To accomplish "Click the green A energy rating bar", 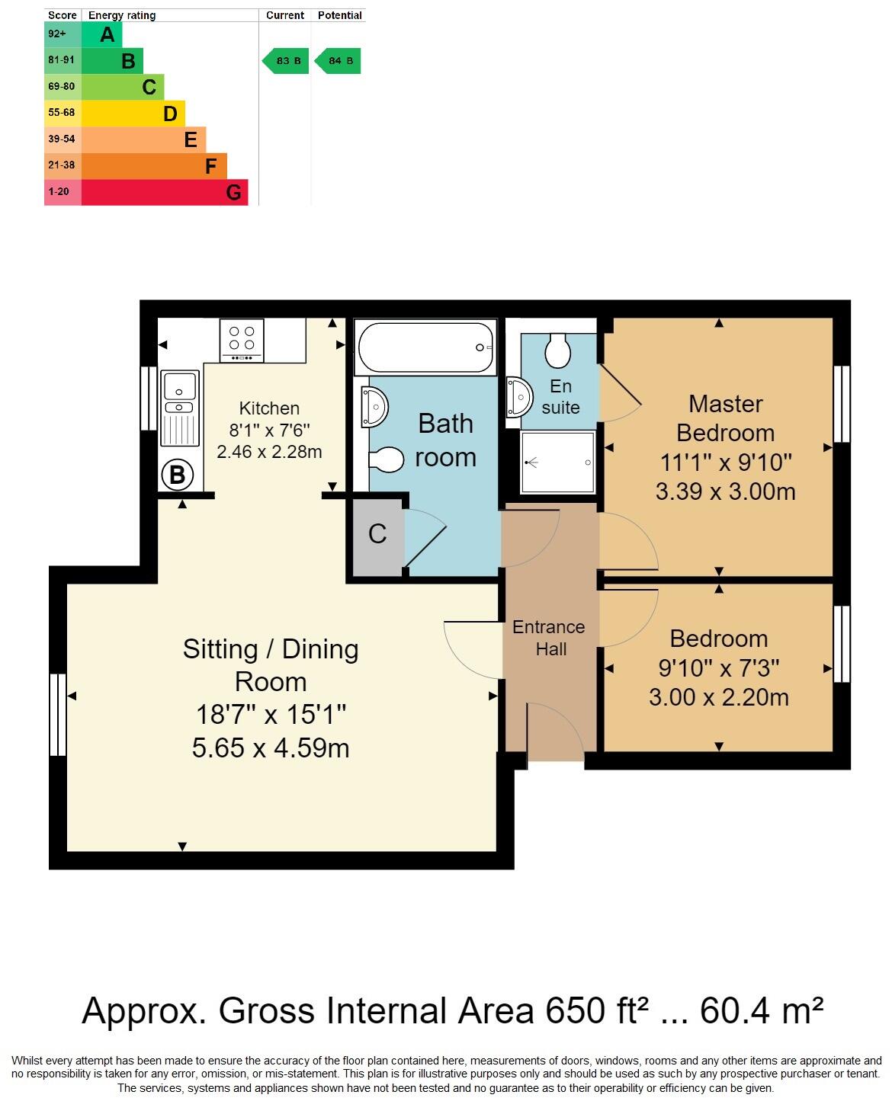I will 101,34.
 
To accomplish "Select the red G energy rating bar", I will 164,192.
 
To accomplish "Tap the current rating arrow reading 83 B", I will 286,61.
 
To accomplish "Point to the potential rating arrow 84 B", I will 338,61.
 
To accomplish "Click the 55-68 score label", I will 62,113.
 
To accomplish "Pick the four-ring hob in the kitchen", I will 242,340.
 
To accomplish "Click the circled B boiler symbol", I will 177,475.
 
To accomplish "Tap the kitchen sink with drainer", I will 180,408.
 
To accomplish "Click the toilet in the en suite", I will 558,350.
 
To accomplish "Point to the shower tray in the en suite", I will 558,462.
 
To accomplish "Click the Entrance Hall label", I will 549,638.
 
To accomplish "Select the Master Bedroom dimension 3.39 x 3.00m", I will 725,491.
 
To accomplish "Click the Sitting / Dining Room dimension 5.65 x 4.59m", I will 271,747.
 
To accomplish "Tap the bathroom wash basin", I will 374,406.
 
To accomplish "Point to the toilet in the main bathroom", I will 386,459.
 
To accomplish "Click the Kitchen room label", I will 269,408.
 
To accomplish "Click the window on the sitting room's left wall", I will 58,714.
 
